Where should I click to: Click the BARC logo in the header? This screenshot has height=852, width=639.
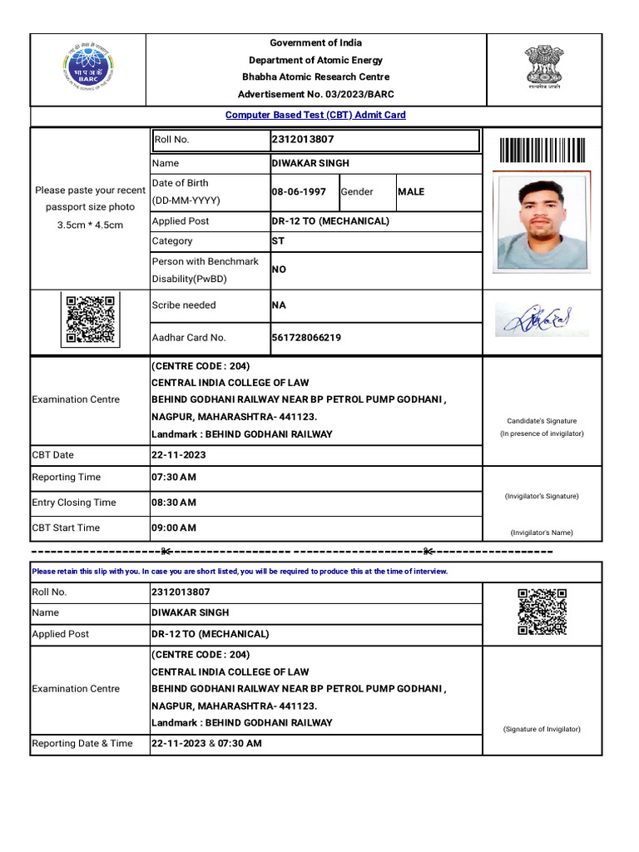[89, 65]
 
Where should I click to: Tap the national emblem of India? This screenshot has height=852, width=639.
[542, 66]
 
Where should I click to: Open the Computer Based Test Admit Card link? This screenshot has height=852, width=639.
[315, 115]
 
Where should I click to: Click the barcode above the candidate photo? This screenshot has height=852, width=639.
[542, 151]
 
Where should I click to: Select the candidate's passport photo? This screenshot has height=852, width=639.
[542, 221]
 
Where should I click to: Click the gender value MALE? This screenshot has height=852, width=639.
[411, 192]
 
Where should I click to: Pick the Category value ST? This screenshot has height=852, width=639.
[278, 241]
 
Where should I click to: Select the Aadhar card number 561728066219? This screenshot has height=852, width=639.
[306, 338]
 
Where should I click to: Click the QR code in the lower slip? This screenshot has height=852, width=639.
[542, 612]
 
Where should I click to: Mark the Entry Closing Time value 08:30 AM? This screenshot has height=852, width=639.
[174, 503]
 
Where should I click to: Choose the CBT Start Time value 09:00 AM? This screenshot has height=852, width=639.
[174, 528]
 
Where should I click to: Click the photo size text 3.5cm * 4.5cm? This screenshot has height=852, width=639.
[90, 225]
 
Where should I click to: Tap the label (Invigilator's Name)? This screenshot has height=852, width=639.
[542, 532]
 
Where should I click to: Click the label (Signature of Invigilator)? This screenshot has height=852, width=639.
[542, 729]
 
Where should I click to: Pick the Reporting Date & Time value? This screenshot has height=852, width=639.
[206, 744]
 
